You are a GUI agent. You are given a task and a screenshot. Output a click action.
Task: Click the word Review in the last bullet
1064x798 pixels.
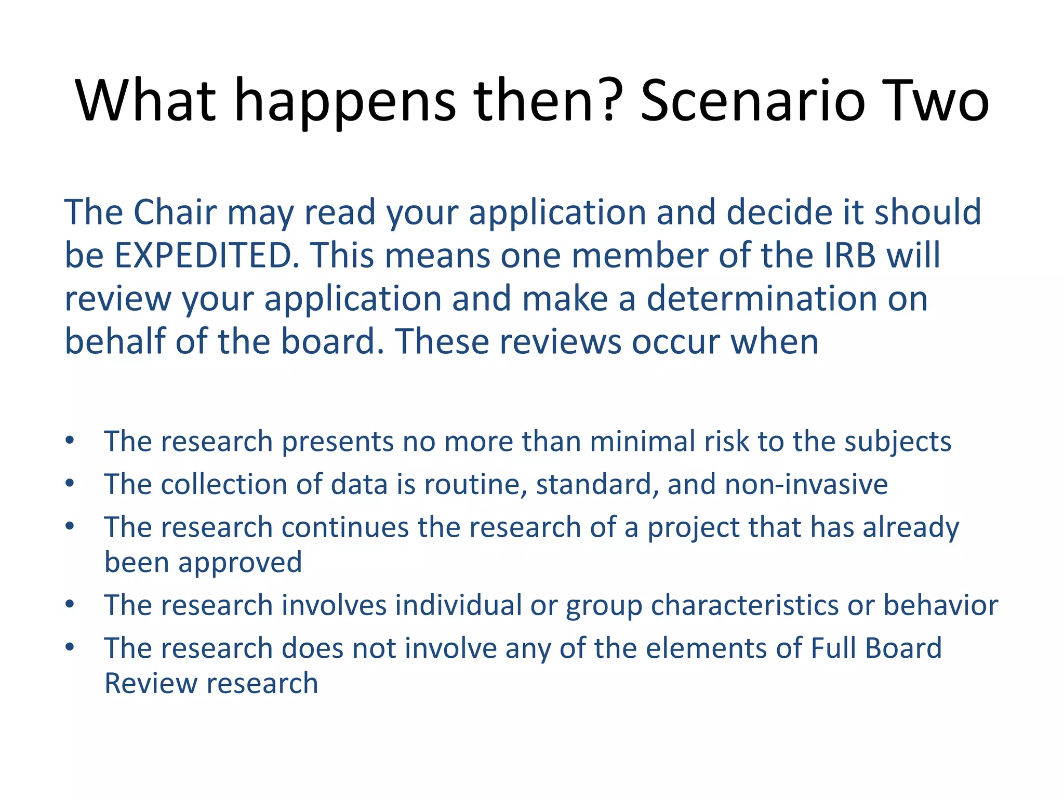click(x=151, y=683)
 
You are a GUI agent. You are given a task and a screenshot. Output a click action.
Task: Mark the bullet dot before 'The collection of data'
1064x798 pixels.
click(x=70, y=484)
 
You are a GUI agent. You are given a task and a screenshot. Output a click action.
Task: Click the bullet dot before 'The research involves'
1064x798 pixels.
click(x=70, y=605)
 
